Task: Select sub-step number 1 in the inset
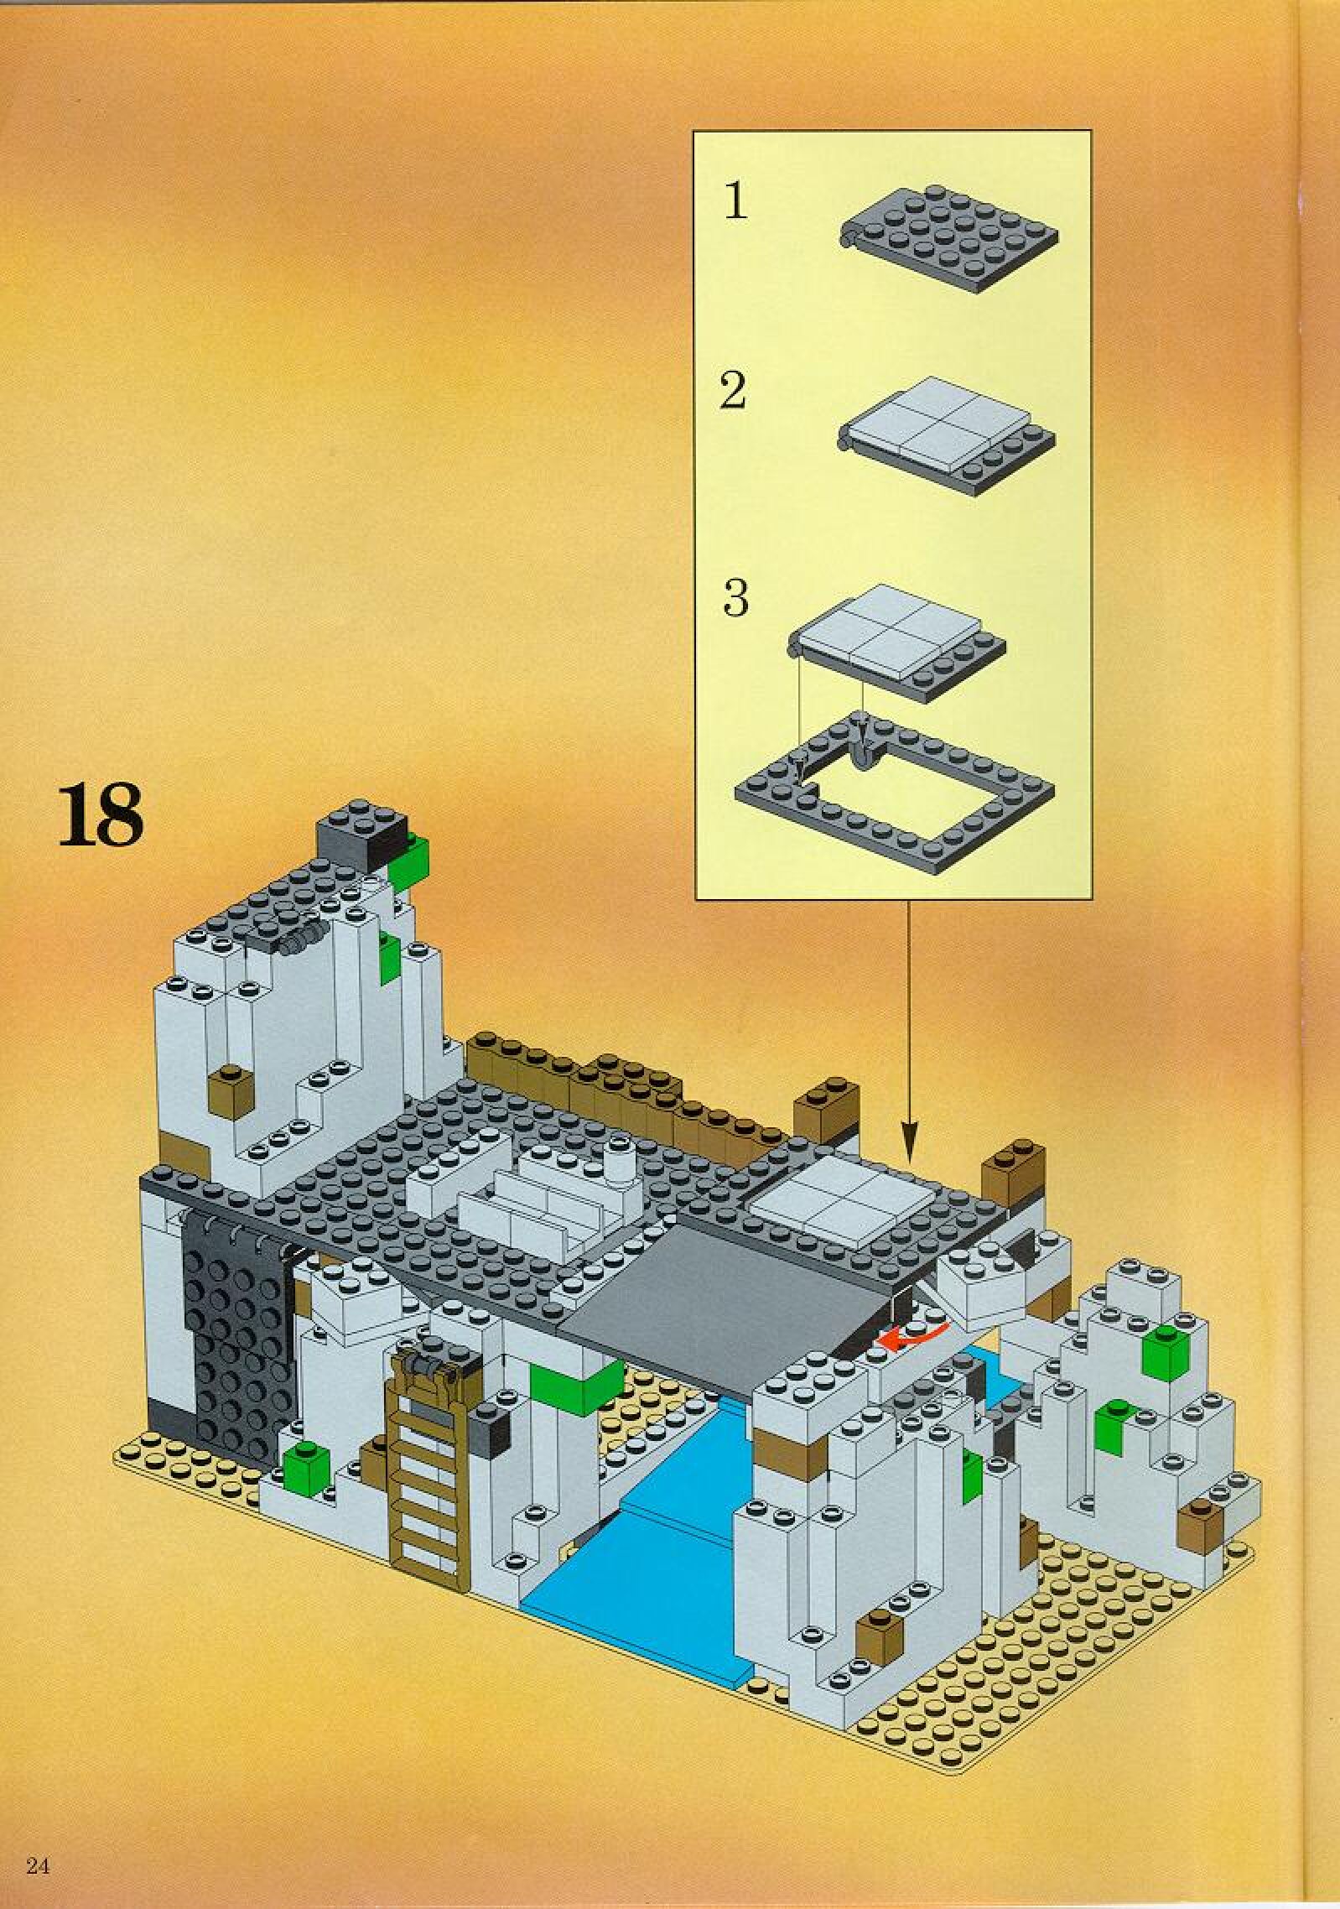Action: point(735,201)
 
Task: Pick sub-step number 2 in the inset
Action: point(733,392)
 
